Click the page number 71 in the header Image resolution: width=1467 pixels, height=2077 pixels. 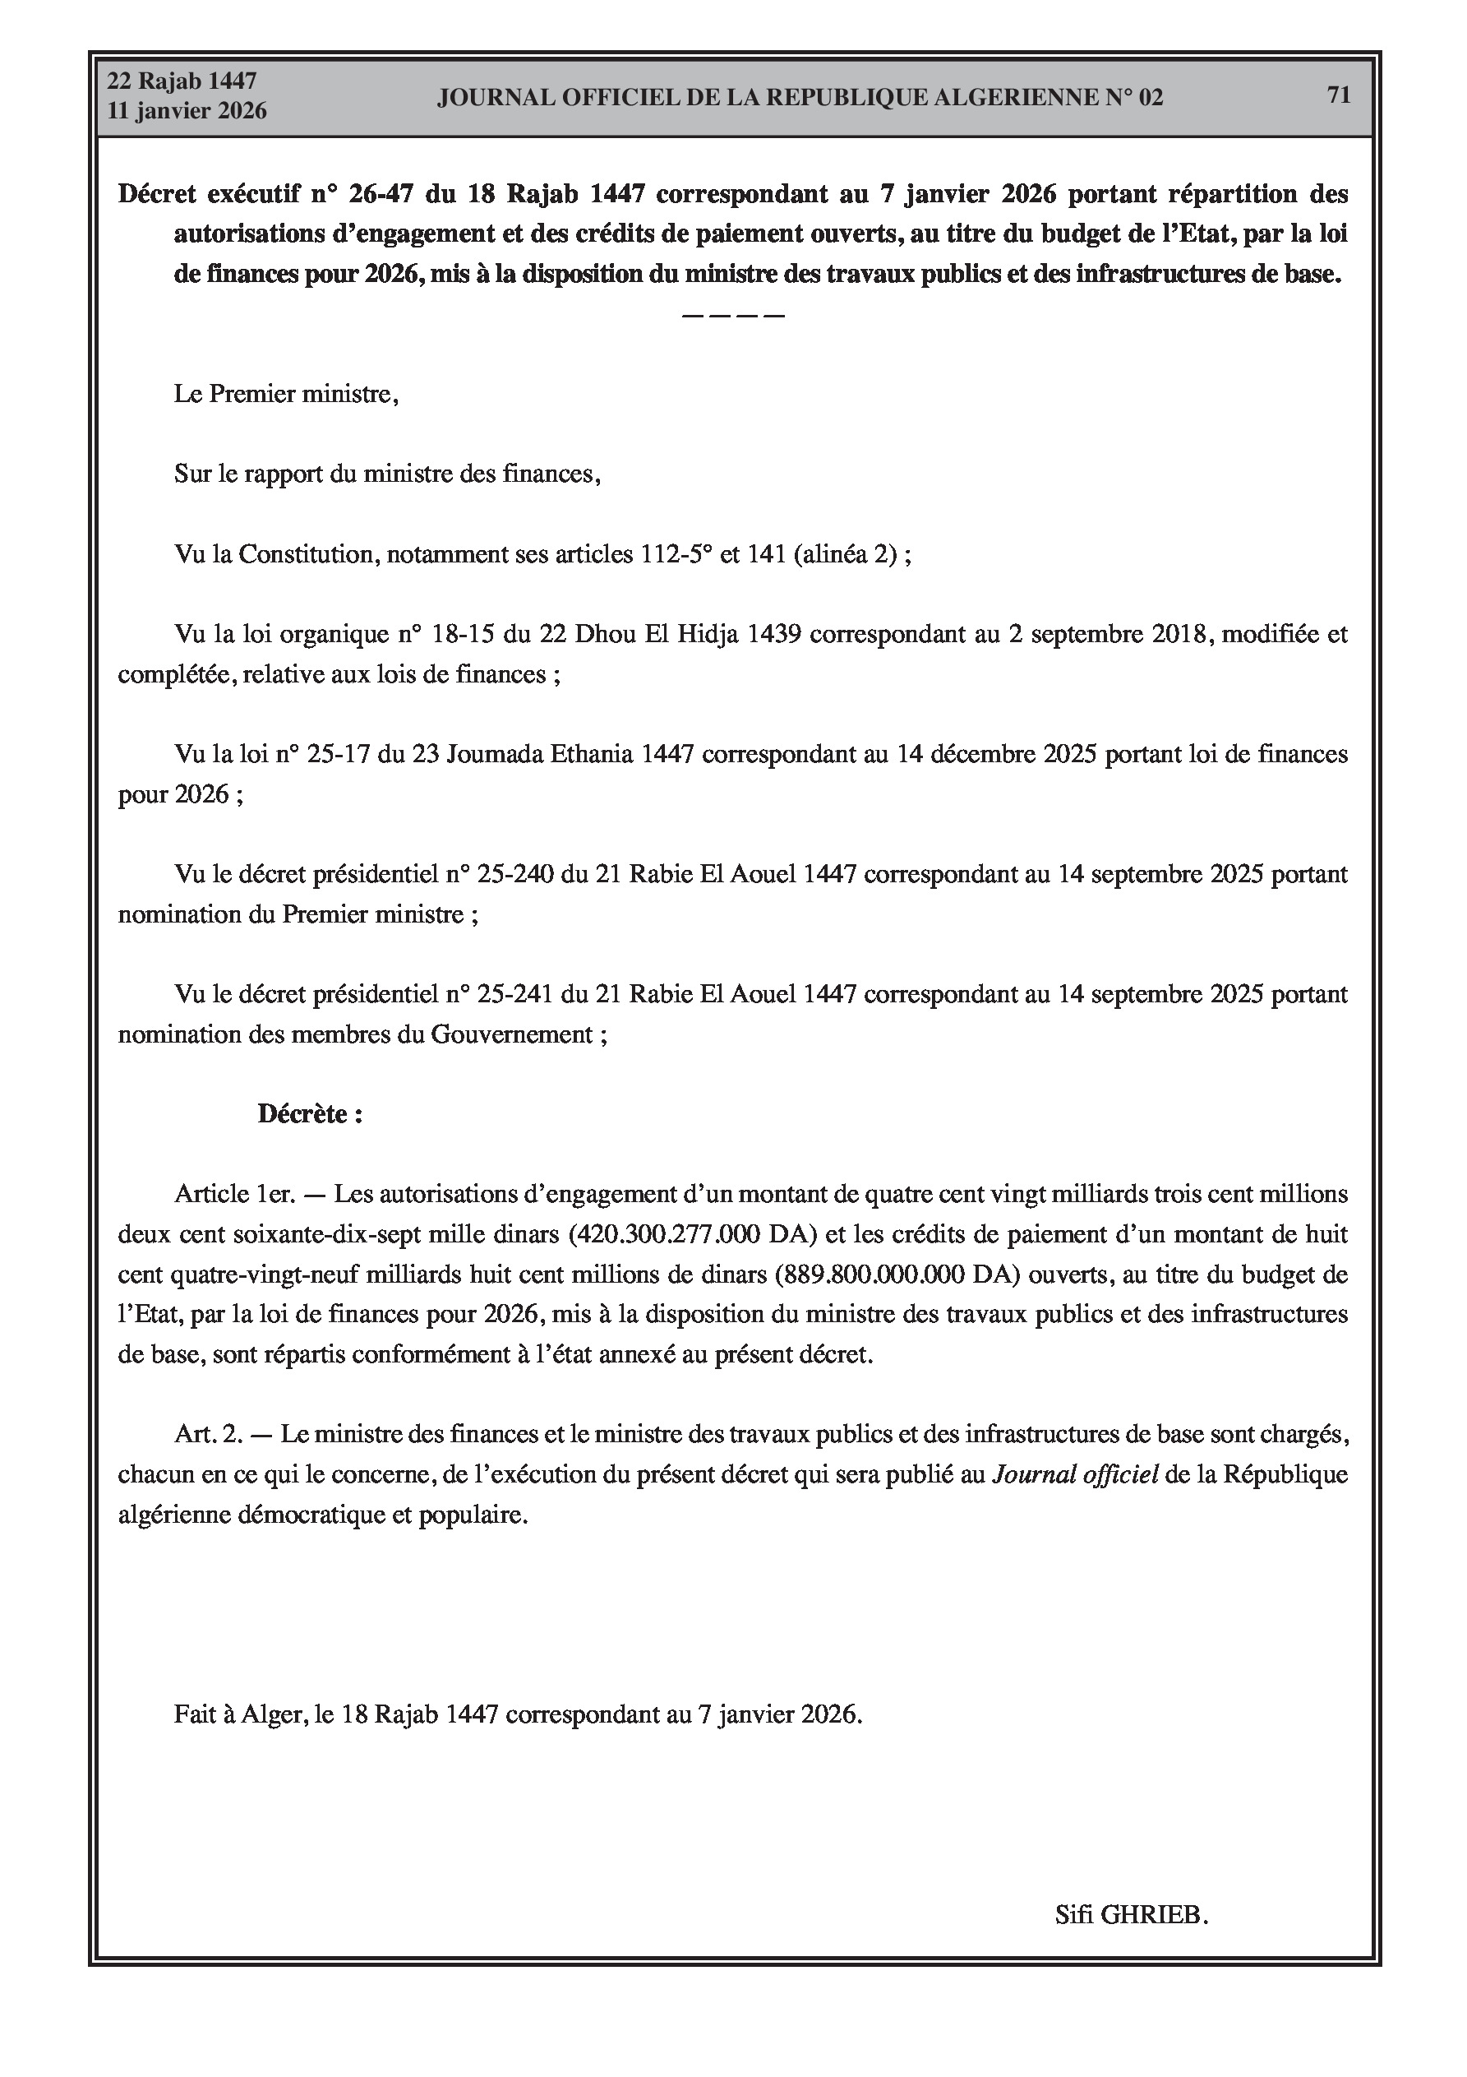coord(1338,95)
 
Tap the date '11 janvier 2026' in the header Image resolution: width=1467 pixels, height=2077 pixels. coord(187,111)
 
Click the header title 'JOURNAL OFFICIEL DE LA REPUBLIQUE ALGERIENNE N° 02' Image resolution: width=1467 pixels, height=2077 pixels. coord(800,98)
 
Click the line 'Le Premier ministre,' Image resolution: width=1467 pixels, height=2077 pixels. coord(286,395)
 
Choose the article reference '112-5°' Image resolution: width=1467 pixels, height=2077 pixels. coord(676,553)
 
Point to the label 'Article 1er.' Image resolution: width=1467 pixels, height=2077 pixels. coord(234,1194)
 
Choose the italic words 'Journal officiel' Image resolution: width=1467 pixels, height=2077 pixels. coord(1075,1474)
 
